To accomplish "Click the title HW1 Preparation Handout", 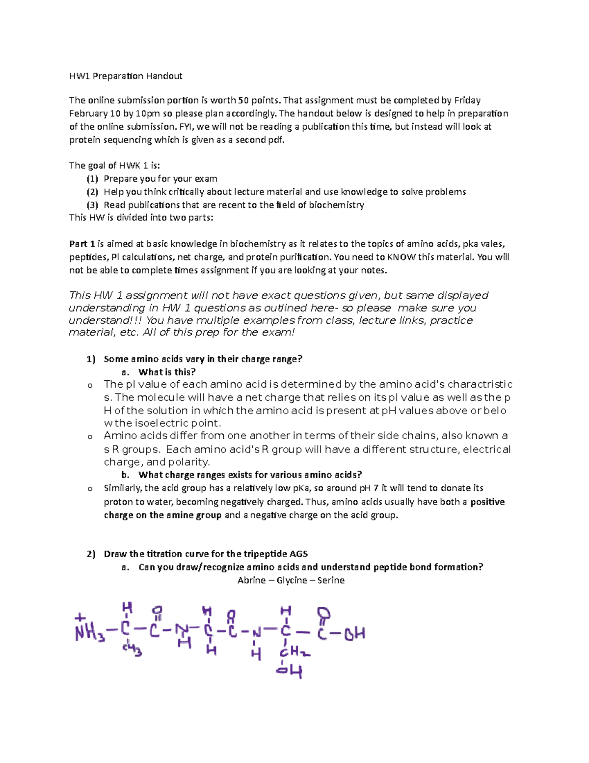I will (x=126, y=76).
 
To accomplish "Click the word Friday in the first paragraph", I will (x=467, y=100).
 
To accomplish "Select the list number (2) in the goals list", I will (x=92, y=192).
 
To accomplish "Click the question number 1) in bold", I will (x=91, y=359).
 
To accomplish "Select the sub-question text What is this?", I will (x=167, y=372).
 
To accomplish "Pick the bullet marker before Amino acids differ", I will (x=90, y=436).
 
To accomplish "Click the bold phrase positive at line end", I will (x=487, y=502).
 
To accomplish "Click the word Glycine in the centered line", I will (x=292, y=580).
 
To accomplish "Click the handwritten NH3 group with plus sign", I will (x=89, y=629).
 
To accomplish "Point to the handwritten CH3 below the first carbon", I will (x=132, y=650).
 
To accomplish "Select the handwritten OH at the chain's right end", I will (x=354, y=634).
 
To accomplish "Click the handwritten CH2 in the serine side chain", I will (x=294, y=652).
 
